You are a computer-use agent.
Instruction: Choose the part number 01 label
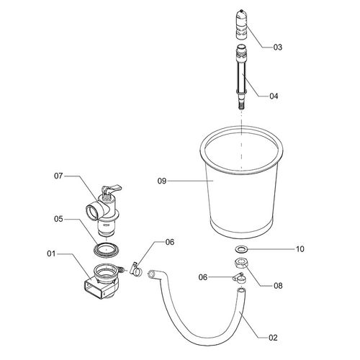click(51, 253)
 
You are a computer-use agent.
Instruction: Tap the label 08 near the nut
click(278, 285)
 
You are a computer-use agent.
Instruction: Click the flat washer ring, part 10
click(241, 250)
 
